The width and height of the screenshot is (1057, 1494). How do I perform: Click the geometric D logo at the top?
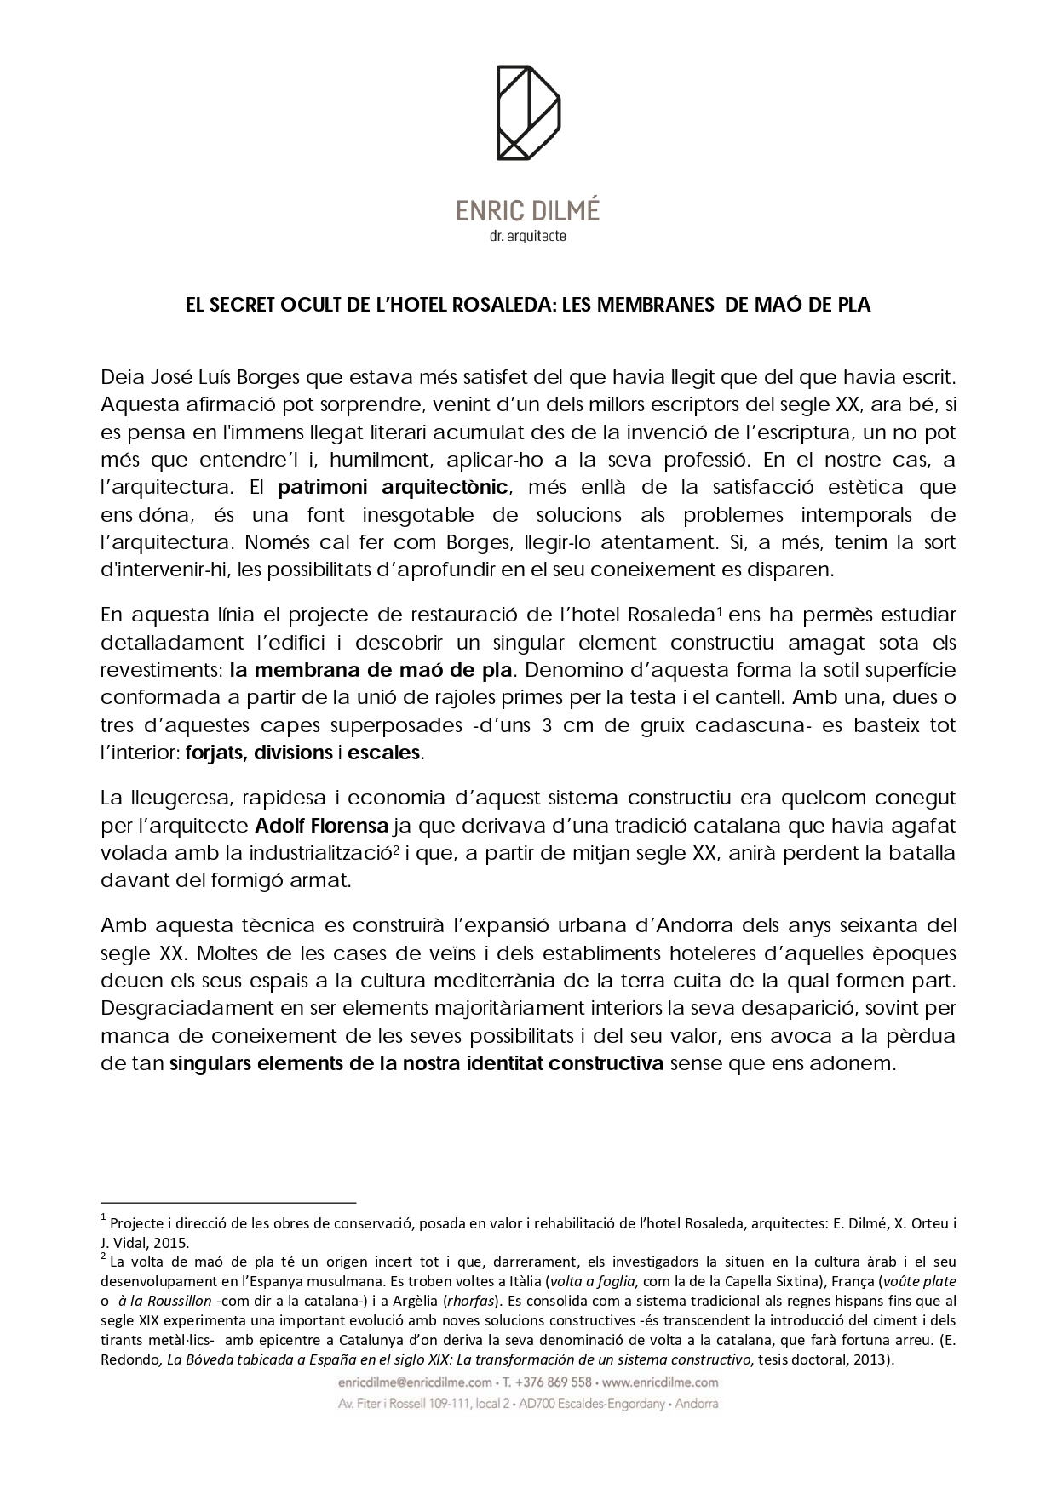point(528,112)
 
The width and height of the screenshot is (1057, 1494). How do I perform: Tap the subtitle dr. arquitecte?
point(528,236)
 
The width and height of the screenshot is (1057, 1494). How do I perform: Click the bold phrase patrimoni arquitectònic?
point(394,488)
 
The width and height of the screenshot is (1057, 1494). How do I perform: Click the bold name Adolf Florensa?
point(322,826)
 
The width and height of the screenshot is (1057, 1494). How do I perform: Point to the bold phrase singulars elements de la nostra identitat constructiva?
point(416,1063)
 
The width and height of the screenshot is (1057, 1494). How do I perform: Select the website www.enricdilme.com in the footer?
point(660,1382)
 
